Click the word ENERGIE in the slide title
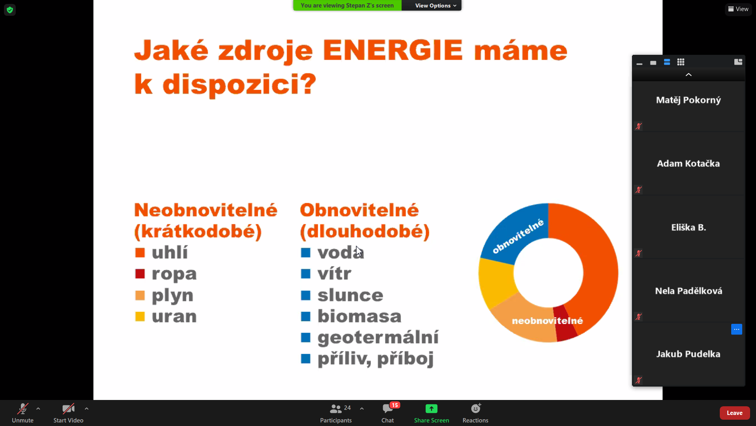click(x=393, y=50)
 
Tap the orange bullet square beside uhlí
click(x=140, y=252)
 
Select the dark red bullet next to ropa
click(x=140, y=274)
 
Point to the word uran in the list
click(x=174, y=316)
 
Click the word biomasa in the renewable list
click(x=359, y=316)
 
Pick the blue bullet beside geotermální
click(x=306, y=337)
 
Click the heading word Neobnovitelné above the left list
click(x=206, y=210)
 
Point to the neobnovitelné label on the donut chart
click(x=547, y=321)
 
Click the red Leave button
click(x=735, y=413)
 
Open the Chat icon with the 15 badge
click(x=388, y=409)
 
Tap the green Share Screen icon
click(x=432, y=409)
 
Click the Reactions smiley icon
click(x=476, y=408)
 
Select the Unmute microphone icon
click(x=22, y=409)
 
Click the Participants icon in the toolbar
click(x=335, y=409)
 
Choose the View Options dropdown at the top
click(x=435, y=6)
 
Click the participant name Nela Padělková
click(x=689, y=291)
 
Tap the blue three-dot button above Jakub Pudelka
click(x=737, y=329)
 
